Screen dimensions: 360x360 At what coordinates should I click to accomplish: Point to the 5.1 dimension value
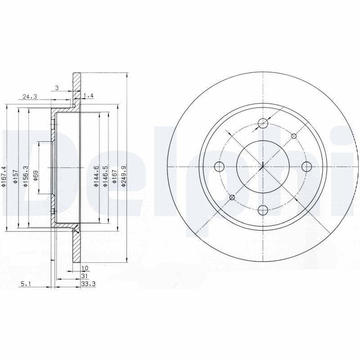click(x=26, y=283)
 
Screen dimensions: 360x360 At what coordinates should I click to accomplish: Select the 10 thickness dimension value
click(x=85, y=268)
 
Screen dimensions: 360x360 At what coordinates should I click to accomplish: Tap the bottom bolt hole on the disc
click(x=263, y=209)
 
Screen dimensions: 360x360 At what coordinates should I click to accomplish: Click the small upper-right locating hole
click(x=294, y=136)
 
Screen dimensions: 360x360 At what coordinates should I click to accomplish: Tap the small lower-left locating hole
click(x=232, y=198)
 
